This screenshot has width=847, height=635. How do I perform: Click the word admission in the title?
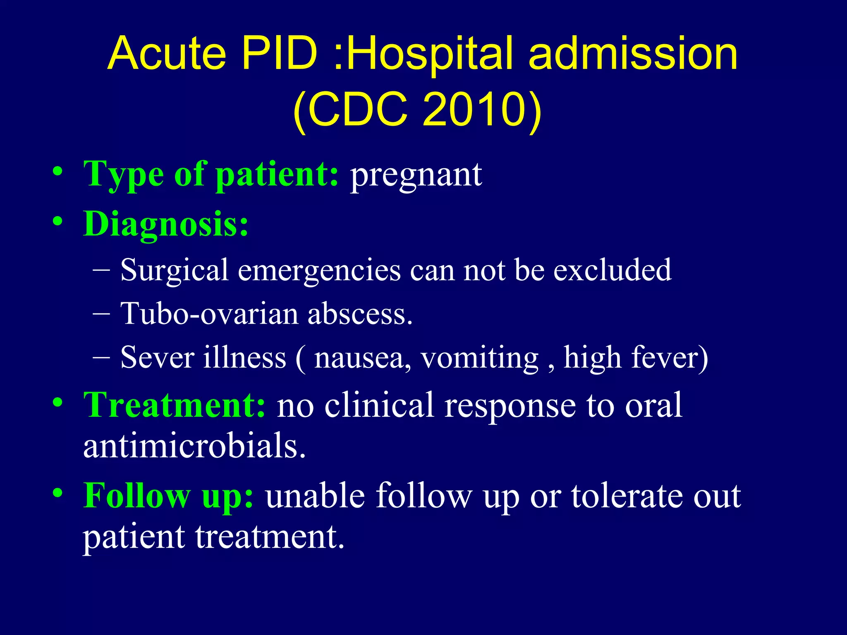click(x=633, y=54)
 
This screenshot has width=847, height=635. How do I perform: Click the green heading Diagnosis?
click(x=166, y=224)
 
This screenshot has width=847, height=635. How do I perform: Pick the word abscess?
click(x=359, y=314)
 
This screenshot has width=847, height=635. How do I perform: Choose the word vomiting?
click(x=480, y=358)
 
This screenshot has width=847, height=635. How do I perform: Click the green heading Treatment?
click(x=174, y=405)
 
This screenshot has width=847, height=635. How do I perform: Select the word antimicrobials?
click(x=194, y=446)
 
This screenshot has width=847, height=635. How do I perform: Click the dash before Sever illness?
click(x=101, y=356)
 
